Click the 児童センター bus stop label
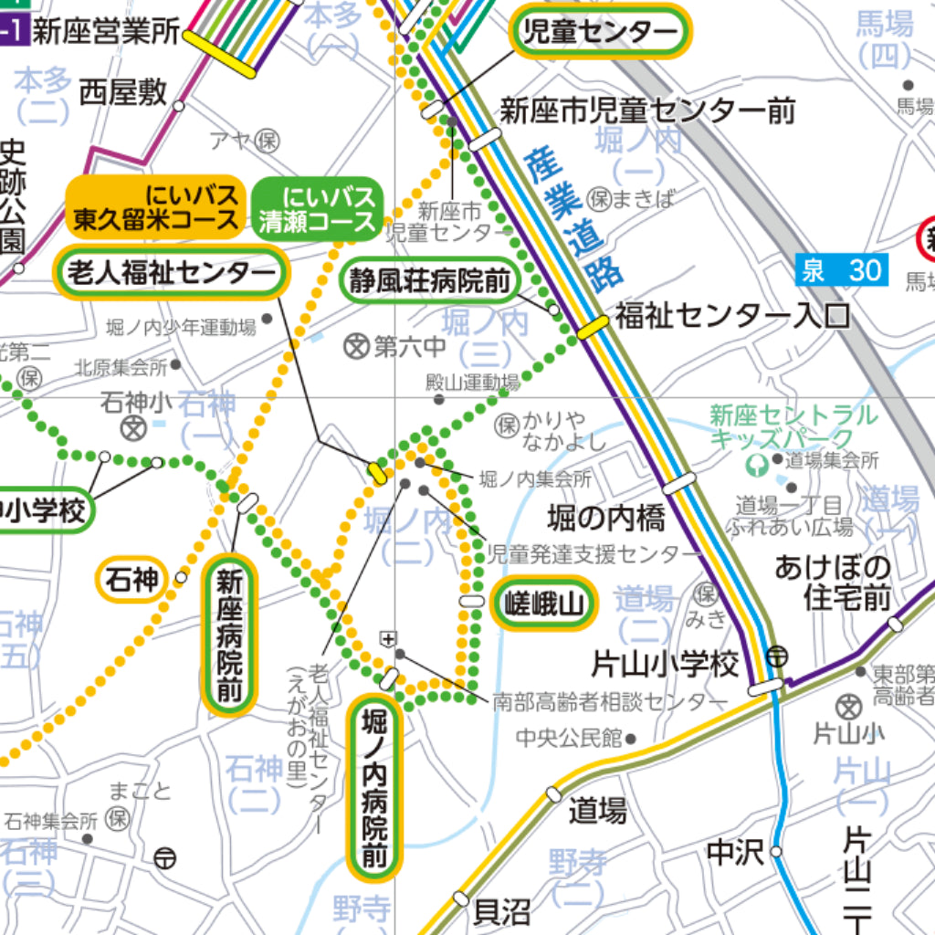pyautogui.click(x=600, y=33)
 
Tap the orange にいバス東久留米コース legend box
pyautogui.click(x=156, y=207)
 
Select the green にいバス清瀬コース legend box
pyautogui.click(x=317, y=207)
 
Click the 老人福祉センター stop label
pyautogui.click(x=172, y=273)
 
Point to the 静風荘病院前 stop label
pyautogui.click(x=429, y=281)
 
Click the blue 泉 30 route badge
pyautogui.click(x=841, y=269)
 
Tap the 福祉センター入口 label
pyautogui.click(x=731, y=316)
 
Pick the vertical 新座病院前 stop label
pyautogui.click(x=229, y=636)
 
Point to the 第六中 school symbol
pyautogui.click(x=356, y=346)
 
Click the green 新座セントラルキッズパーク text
pyautogui.click(x=793, y=426)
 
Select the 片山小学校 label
pyautogui.click(x=665, y=664)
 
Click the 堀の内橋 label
pyautogui.click(x=606, y=519)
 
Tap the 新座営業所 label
pyautogui.click(x=106, y=33)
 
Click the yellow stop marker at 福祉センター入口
pyautogui.click(x=593, y=324)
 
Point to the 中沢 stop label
pyautogui.click(x=734, y=853)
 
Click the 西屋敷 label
pyautogui.click(x=122, y=92)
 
